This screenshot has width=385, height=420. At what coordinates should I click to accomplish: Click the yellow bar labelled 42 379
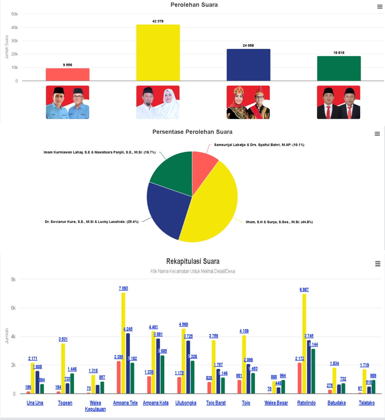[x=158, y=52]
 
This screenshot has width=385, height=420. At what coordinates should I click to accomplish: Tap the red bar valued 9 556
[x=67, y=75]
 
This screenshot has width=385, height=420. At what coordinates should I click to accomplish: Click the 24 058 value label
[x=248, y=45]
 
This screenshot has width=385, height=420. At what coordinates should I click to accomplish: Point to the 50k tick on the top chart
[x=14, y=14]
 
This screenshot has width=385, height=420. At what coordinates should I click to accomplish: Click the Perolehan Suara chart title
[x=194, y=5]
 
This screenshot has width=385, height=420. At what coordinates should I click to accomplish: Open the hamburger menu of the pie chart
[x=377, y=134]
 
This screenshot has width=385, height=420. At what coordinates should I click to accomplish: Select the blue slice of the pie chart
[x=168, y=210]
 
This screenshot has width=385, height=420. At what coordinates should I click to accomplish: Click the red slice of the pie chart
[x=204, y=165]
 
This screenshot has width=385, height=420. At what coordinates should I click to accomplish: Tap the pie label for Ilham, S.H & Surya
[x=279, y=222]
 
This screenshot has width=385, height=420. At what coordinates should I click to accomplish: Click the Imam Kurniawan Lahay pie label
[x=100, y=152]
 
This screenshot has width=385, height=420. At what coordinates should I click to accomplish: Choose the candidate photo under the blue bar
[x=248, y=102]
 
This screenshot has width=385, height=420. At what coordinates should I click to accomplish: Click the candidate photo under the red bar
[x=67, y=102]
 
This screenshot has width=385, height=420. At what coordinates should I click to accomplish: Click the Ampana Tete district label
[x=125, y=403]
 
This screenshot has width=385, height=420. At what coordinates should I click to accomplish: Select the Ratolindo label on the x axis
[x=306, y=403]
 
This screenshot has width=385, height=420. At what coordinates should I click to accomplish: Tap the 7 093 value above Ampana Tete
[x=123, y=288]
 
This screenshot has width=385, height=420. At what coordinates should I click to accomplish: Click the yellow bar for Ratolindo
[x=304, y=344]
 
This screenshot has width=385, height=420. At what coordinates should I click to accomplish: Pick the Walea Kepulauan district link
[x=95, y=406]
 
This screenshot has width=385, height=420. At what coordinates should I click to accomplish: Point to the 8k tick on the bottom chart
[x=13, y=279]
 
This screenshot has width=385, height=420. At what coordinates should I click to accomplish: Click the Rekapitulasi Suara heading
[x=193, y=261]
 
